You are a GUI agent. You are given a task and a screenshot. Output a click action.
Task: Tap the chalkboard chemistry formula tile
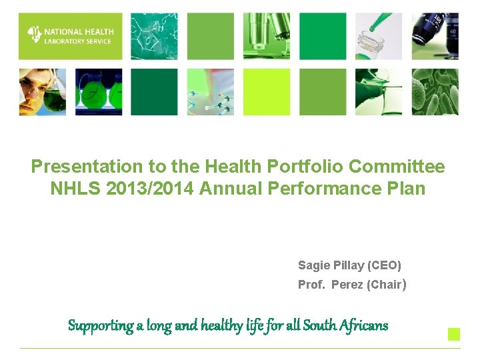click(154, 36)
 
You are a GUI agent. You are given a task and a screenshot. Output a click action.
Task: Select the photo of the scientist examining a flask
click(42, 92)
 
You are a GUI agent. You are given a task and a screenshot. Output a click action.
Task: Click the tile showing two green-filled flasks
click(99, 92)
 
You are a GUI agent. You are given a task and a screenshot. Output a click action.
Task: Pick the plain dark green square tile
click(154, 92)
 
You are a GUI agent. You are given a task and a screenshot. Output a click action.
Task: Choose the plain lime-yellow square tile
click(267, 92)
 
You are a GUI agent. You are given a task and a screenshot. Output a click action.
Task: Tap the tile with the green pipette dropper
click(379, 36)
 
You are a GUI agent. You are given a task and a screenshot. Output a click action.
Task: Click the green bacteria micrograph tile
click(435, 92)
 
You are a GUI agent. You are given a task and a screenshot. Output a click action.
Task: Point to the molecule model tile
click(211, 92)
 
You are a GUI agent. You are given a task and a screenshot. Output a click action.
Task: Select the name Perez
click(347, 285)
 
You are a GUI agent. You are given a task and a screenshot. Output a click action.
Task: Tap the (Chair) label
click(386, 285)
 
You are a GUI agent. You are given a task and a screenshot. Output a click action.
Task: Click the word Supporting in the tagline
click(100, 326)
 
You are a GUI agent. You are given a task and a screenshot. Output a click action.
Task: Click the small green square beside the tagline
click(453, 334)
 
